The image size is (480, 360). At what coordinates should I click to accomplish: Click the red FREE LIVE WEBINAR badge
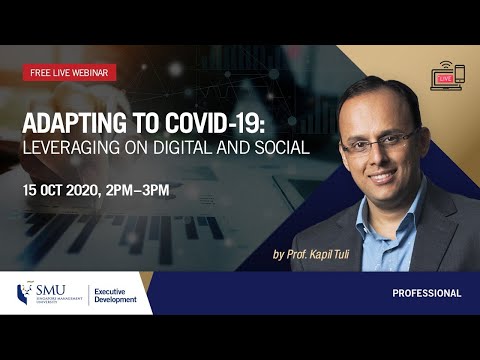(x=70, y=72)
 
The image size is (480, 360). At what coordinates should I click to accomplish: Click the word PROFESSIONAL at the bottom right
(x=427, y=294)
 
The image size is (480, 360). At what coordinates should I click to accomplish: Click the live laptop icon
(x=446, y=78)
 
